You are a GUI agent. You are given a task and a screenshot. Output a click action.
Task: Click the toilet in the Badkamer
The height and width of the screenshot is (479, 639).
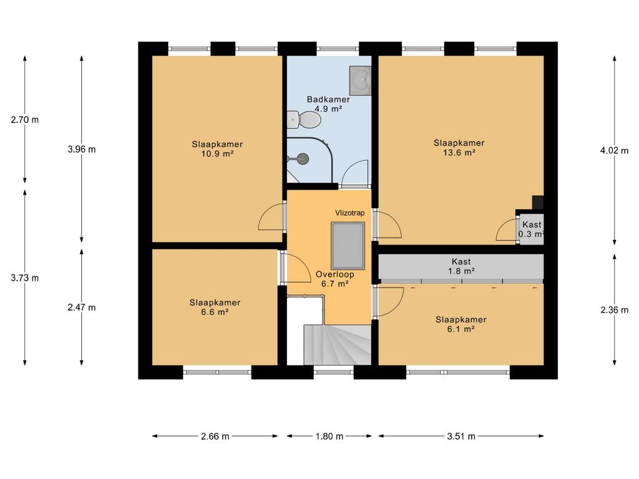(x=304, y=119)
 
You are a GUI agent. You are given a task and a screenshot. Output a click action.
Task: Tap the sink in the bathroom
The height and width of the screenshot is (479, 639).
(x=360, y=80)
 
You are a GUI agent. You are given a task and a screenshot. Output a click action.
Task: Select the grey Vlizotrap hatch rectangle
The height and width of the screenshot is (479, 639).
(x=348, y=246)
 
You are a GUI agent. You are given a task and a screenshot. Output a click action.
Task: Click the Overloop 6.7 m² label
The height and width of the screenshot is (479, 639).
(x=334, y=279)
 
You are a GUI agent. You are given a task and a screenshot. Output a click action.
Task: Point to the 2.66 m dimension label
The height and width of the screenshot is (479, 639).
(x=215, y=436)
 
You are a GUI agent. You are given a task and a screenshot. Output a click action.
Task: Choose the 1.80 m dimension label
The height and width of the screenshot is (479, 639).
(x=329, y=436)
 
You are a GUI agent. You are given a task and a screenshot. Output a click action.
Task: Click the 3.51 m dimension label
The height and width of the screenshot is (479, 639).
(x=461, y=436)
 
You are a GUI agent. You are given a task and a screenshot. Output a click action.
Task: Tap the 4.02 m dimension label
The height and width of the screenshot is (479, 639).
(x=614, y=150)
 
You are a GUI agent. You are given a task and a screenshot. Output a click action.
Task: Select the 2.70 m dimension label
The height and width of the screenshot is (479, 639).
(x=25, y=120)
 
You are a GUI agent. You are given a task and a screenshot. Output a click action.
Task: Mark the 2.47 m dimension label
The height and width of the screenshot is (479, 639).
(x=82, y=307)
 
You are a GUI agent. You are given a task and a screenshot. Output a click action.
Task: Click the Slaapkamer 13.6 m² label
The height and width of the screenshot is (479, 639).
(x=459, y=147)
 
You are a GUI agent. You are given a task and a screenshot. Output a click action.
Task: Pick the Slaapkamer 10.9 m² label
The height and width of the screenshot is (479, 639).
(x=217, y=148)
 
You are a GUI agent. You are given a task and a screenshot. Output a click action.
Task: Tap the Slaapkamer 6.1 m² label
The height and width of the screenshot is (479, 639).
(x=461, y=324)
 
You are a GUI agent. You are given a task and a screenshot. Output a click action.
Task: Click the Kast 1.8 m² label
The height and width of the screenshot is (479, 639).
(x=461, y=266)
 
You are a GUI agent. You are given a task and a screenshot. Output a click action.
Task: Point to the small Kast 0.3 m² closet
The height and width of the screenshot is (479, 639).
(x=532, y=230)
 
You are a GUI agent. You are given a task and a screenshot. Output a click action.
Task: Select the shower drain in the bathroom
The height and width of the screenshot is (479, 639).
(x=303, y=158)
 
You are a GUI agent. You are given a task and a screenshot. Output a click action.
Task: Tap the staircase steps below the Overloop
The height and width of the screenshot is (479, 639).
(x=338, y=344)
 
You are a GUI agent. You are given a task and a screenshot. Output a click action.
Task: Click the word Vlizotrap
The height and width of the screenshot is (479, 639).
(x=349, y=213)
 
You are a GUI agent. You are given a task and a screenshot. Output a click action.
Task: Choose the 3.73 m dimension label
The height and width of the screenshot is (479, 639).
(x=25, y=278)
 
